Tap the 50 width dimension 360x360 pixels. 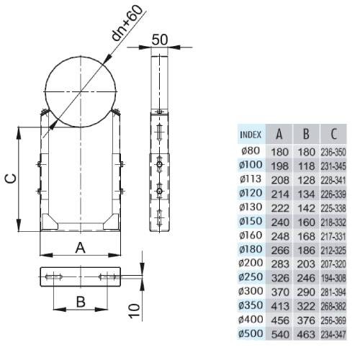pos(160,40)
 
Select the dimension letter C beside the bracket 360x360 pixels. pos(12,178)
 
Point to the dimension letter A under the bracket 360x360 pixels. pos(80,248)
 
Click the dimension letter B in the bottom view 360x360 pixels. pos(81,302)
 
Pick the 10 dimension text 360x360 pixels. pos(135,311)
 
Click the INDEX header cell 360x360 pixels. pos(251,135)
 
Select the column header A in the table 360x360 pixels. pos(279,134)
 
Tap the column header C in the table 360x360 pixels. pos(333,134)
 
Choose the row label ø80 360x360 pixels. pos(251,150)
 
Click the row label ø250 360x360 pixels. pos(251,277)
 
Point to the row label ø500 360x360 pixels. pos(251,333)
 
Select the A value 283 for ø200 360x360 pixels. pos(280,264)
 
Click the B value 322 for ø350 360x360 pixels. pos(306,306)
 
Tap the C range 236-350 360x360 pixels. pos(333,152)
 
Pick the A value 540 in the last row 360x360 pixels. pos(280,335)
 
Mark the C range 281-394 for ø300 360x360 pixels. pos(333,292)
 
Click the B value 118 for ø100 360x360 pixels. pos(306,166)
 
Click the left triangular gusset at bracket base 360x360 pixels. pos(49,222)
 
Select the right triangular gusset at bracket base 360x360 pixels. pos(112,222)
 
